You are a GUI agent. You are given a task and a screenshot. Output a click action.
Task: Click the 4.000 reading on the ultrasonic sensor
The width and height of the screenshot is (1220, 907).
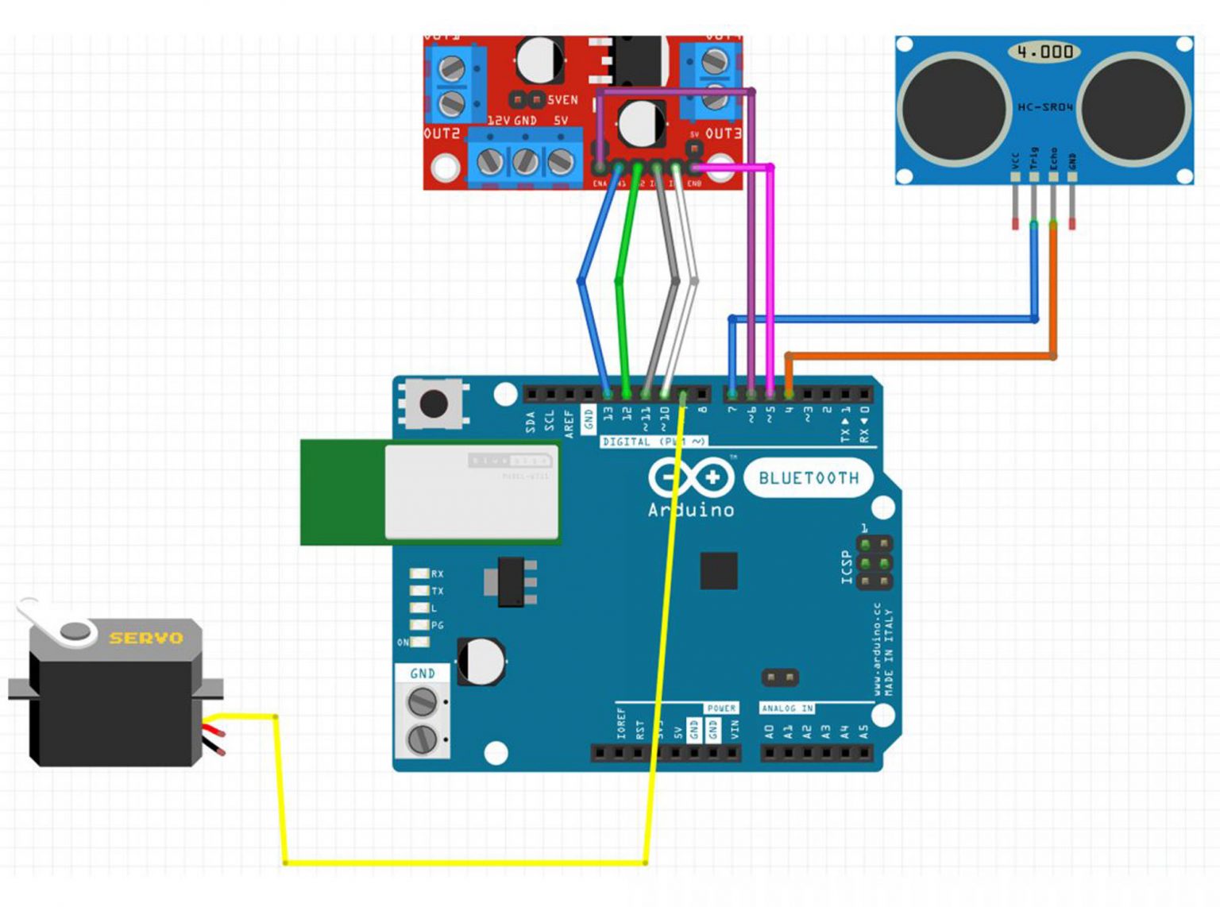1044,52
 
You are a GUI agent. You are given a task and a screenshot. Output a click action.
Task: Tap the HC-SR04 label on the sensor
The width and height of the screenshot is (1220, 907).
1045,106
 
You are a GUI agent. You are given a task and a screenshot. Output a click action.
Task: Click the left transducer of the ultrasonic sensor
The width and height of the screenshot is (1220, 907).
956,106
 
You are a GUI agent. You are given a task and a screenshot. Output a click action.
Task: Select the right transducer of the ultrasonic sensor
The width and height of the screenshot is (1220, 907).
1134,106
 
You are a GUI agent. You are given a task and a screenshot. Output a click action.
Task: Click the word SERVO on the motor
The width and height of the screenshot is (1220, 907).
146,638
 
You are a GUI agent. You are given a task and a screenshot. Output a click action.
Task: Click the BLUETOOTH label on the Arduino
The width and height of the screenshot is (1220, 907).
809,478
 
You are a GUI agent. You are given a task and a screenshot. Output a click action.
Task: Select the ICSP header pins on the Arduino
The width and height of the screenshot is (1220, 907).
873,563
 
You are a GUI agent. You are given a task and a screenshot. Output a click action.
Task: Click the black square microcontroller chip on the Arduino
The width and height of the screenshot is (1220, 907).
718,570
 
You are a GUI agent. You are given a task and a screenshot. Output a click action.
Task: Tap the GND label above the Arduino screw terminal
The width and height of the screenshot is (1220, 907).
423,673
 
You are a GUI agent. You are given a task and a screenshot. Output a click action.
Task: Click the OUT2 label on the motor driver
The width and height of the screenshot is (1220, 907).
442,133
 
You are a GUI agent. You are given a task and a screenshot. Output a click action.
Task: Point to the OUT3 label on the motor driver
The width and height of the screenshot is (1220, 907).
723,133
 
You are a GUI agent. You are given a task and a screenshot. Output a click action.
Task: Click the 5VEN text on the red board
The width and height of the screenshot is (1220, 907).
562,100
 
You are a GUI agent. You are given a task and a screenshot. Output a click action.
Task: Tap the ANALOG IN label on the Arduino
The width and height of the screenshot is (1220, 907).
786,708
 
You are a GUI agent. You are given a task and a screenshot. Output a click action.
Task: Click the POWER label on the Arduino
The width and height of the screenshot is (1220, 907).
721,708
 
